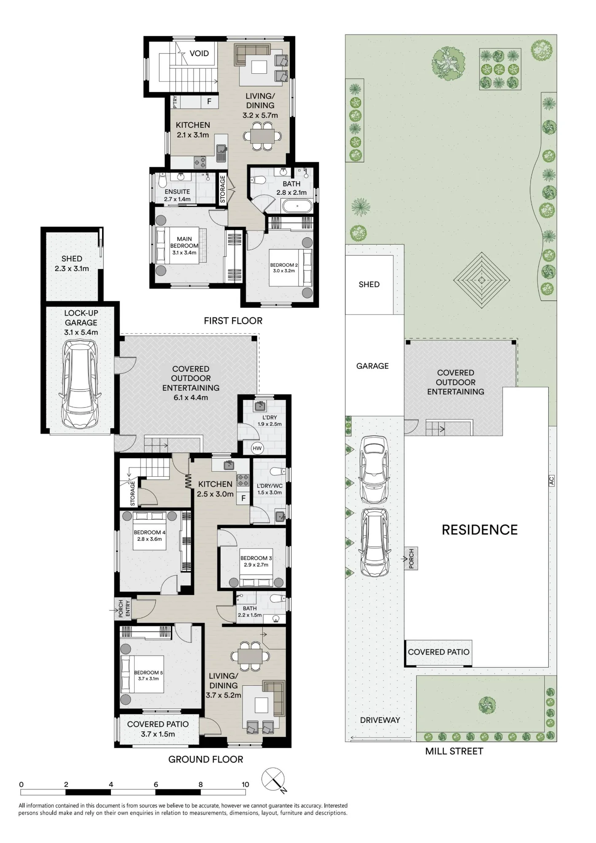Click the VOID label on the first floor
tap(199, 54)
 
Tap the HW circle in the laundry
tap(257, 448)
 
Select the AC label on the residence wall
tap(552, 481)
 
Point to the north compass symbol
tap(273, 780)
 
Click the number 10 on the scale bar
tap(245, 784)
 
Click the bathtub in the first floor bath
tap(298, 207)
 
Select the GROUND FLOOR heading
tap(206, 760)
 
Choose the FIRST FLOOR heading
tap(233, 321)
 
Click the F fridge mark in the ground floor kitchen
tap(243, 499)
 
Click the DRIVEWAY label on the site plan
tap(380, 720)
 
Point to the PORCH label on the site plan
tap(411, 558)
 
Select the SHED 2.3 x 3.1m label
tap(72, 263)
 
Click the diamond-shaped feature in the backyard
tap(482, 279)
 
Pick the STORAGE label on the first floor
tap(222, 190)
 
